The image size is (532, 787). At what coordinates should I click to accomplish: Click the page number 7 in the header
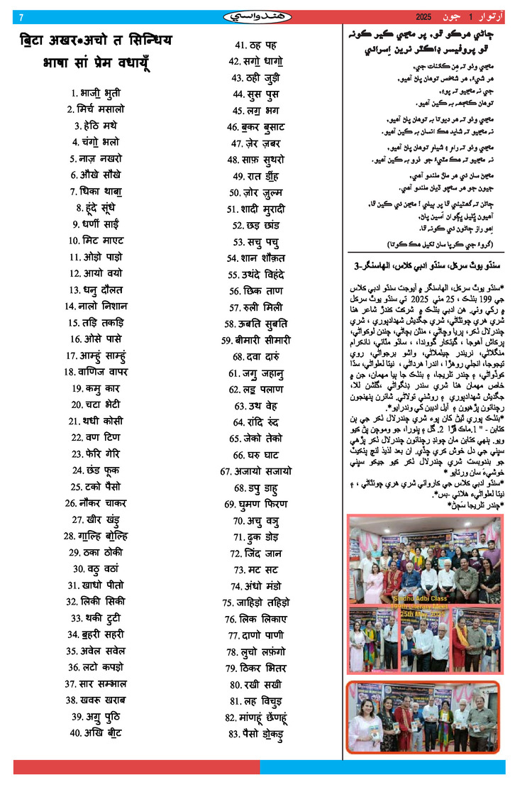(x=21, y=16)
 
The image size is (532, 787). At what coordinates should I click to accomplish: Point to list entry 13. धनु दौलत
(x=96, y=290)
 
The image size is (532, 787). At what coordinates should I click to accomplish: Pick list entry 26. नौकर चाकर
(x=96, y=502)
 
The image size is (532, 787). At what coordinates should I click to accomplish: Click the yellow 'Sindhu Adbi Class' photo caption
(x=422, y=604)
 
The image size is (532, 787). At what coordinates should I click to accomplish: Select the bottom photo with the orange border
(x=423, y=717)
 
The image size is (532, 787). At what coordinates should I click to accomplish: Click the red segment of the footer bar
(x=135, y=767)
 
